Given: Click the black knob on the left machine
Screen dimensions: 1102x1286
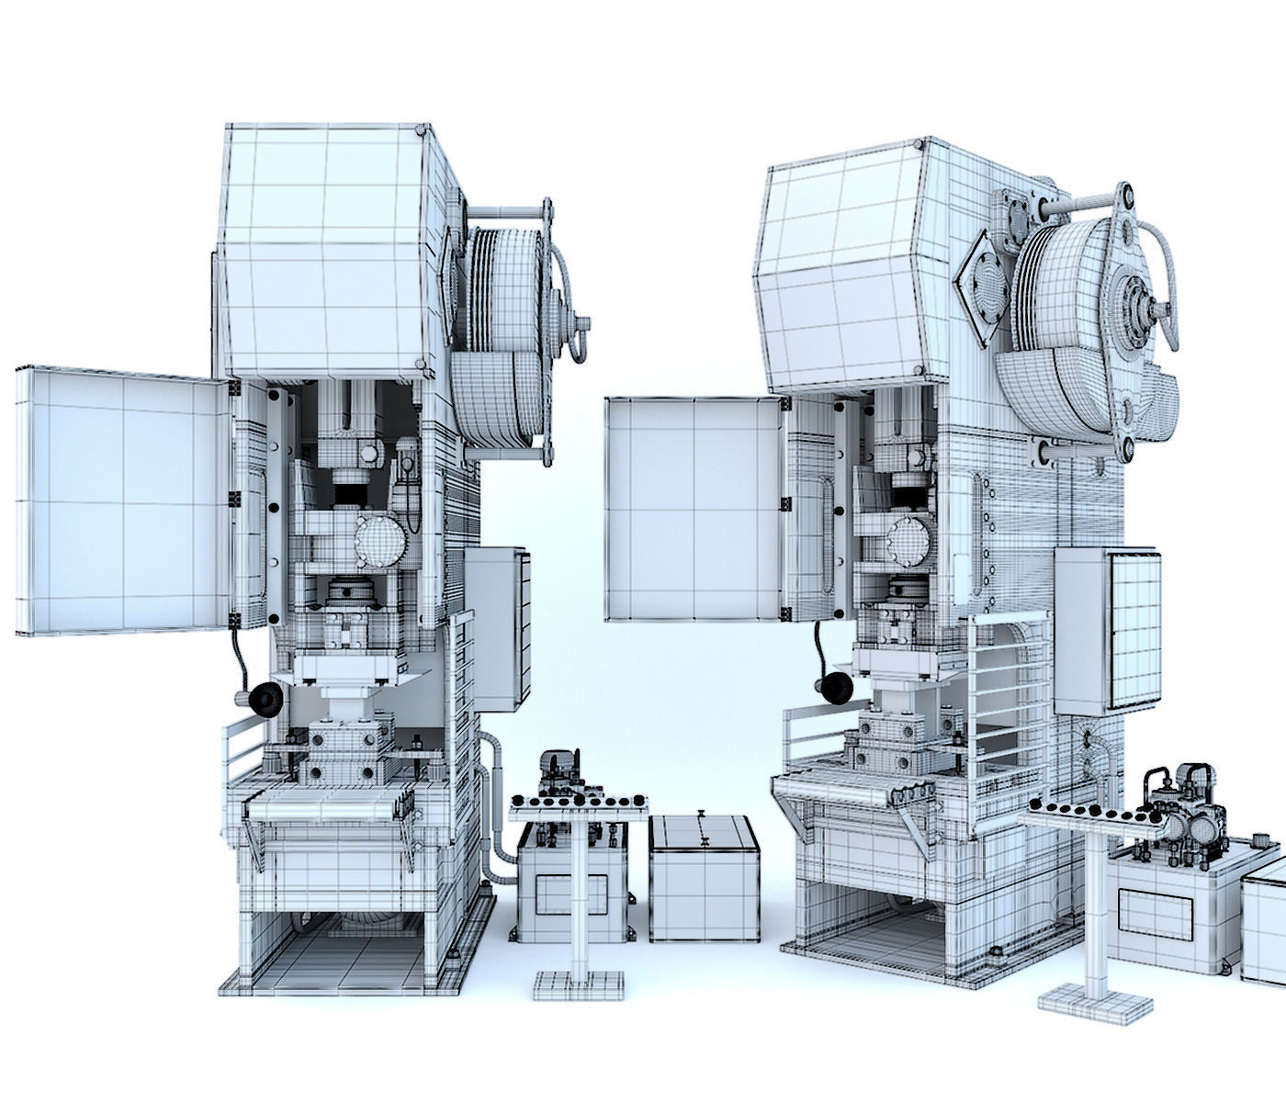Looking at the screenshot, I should click(x=265, y=701).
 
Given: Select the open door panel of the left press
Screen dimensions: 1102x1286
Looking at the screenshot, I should click(x=119, y=500).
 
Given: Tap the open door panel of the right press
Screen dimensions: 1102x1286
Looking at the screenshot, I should click(x=694, y=508).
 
